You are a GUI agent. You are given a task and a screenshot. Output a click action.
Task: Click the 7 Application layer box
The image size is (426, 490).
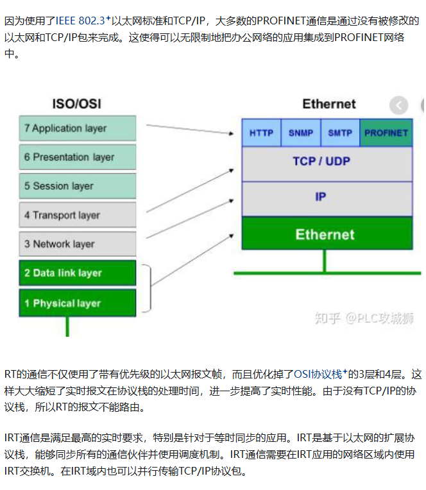pos(78,128)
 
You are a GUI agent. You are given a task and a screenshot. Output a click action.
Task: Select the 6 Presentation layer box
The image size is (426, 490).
pos(78,157)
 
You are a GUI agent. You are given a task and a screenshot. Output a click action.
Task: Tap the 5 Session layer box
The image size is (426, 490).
pos(78,186)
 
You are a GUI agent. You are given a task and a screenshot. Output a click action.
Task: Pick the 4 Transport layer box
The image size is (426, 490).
pos(78,215)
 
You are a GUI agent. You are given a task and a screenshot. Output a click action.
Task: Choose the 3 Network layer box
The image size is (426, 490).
pos(78,244)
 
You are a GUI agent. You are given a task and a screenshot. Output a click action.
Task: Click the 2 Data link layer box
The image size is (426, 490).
pos(78,273)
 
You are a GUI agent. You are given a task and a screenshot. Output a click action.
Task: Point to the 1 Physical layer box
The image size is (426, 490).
pos(78,303)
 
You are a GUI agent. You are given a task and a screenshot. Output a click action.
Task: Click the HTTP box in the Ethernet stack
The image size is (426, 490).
pos(261,133)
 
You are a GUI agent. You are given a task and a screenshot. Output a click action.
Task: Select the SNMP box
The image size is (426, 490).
pos(301,133)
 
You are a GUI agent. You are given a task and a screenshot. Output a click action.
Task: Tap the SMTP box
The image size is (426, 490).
pos(340,133)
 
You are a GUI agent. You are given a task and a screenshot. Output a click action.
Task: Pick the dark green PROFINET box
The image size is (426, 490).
pos(386,133)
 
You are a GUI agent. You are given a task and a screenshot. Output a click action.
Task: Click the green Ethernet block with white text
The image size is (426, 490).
pos(327,233)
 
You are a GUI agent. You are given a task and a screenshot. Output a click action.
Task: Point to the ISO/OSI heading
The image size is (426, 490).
pos(76,104)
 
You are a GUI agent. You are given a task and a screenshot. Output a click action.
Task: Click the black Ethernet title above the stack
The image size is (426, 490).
pos(329,104)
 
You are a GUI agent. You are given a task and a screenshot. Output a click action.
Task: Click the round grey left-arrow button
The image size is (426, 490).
pos(399,105)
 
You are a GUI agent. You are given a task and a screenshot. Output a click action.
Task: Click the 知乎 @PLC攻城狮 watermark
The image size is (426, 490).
pos(364,318)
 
